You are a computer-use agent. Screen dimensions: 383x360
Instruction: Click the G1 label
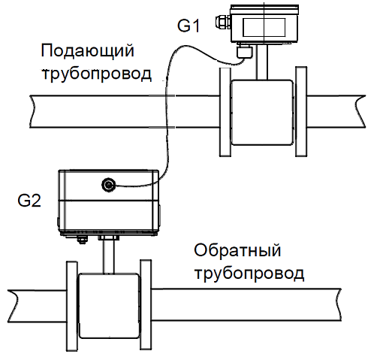[188, 26]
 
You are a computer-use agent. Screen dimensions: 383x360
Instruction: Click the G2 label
[29, 201]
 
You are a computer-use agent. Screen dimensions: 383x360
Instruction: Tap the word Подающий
[87, 52]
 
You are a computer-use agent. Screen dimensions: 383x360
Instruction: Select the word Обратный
[237, 251]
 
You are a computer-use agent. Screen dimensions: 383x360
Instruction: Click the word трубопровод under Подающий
[97, 74]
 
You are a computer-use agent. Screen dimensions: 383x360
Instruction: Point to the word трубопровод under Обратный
[249, 274]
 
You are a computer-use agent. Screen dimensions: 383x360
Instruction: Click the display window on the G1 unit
[264, 27]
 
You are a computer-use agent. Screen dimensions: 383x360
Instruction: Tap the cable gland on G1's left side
[222, 21]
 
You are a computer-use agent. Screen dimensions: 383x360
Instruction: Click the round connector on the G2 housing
[108, 185]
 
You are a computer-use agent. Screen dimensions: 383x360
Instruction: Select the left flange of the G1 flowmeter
[225, 112]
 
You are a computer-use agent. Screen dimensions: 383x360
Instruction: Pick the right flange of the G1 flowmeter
[301, 112]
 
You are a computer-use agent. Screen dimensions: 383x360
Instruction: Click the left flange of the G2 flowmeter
[72, 306]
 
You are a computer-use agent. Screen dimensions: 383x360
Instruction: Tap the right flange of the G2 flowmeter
[146, 305]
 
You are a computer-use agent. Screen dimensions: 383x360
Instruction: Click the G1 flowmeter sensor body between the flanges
[262, 113]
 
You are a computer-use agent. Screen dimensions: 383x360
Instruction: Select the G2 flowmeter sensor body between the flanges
[109, 306]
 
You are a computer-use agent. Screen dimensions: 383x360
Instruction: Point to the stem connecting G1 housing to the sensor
[262, 62]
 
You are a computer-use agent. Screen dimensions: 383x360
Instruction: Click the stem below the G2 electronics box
[108, 256]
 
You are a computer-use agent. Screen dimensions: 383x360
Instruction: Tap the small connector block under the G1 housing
[245, 51]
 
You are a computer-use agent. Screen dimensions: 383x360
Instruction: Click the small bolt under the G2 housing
[81, 239]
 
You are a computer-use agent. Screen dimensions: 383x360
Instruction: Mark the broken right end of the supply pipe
[360, 111]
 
